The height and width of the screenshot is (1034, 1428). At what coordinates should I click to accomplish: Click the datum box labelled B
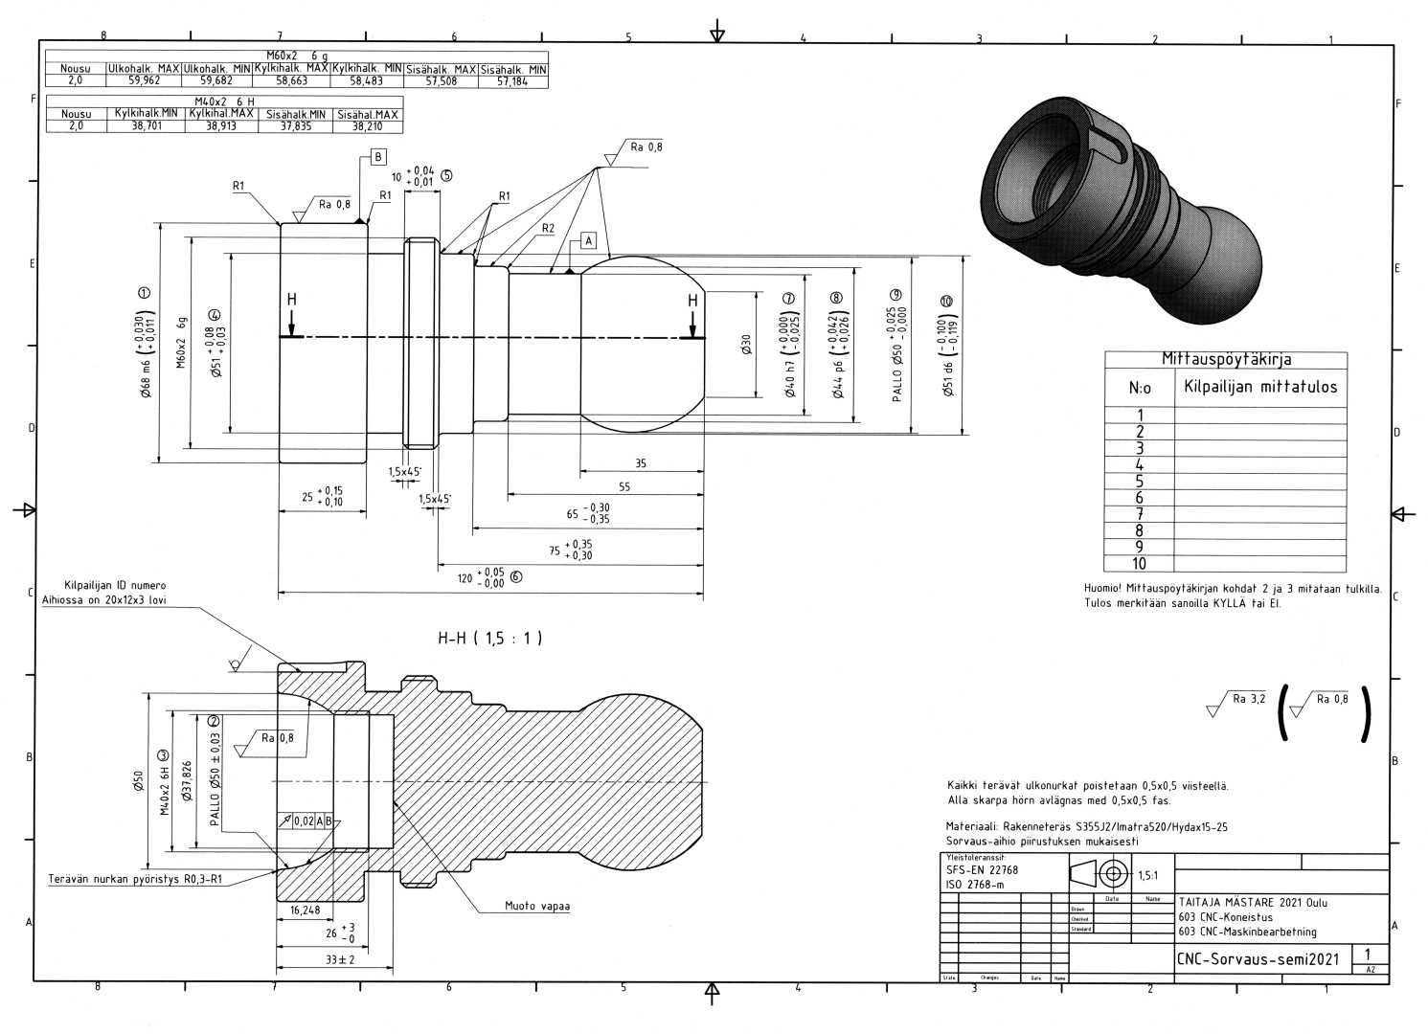[x=377, y=156]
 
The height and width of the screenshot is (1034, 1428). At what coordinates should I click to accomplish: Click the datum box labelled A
[x=589, y=239]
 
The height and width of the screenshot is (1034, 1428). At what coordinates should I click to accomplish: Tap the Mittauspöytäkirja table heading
[x=1226, y=360]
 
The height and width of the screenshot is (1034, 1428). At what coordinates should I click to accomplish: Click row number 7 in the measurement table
[x=1139, y=514]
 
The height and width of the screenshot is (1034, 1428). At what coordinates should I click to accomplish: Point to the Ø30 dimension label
[x=746, y=346]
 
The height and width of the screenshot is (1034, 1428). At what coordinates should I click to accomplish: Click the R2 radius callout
[x=548, y=229]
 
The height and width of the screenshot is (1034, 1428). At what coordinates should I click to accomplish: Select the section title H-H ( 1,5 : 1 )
[x=490, y=639]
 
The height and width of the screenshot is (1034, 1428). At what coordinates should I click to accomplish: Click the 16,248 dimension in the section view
[x=305, y=910]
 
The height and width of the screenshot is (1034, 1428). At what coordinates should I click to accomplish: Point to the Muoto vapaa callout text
[x=537, y=906]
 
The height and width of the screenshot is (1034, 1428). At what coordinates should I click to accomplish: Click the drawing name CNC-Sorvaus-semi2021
[x=1258, y=958]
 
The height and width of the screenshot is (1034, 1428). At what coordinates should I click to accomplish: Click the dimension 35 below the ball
[x=641, y=463]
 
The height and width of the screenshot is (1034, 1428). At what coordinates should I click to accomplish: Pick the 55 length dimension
[x=624, y=486]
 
